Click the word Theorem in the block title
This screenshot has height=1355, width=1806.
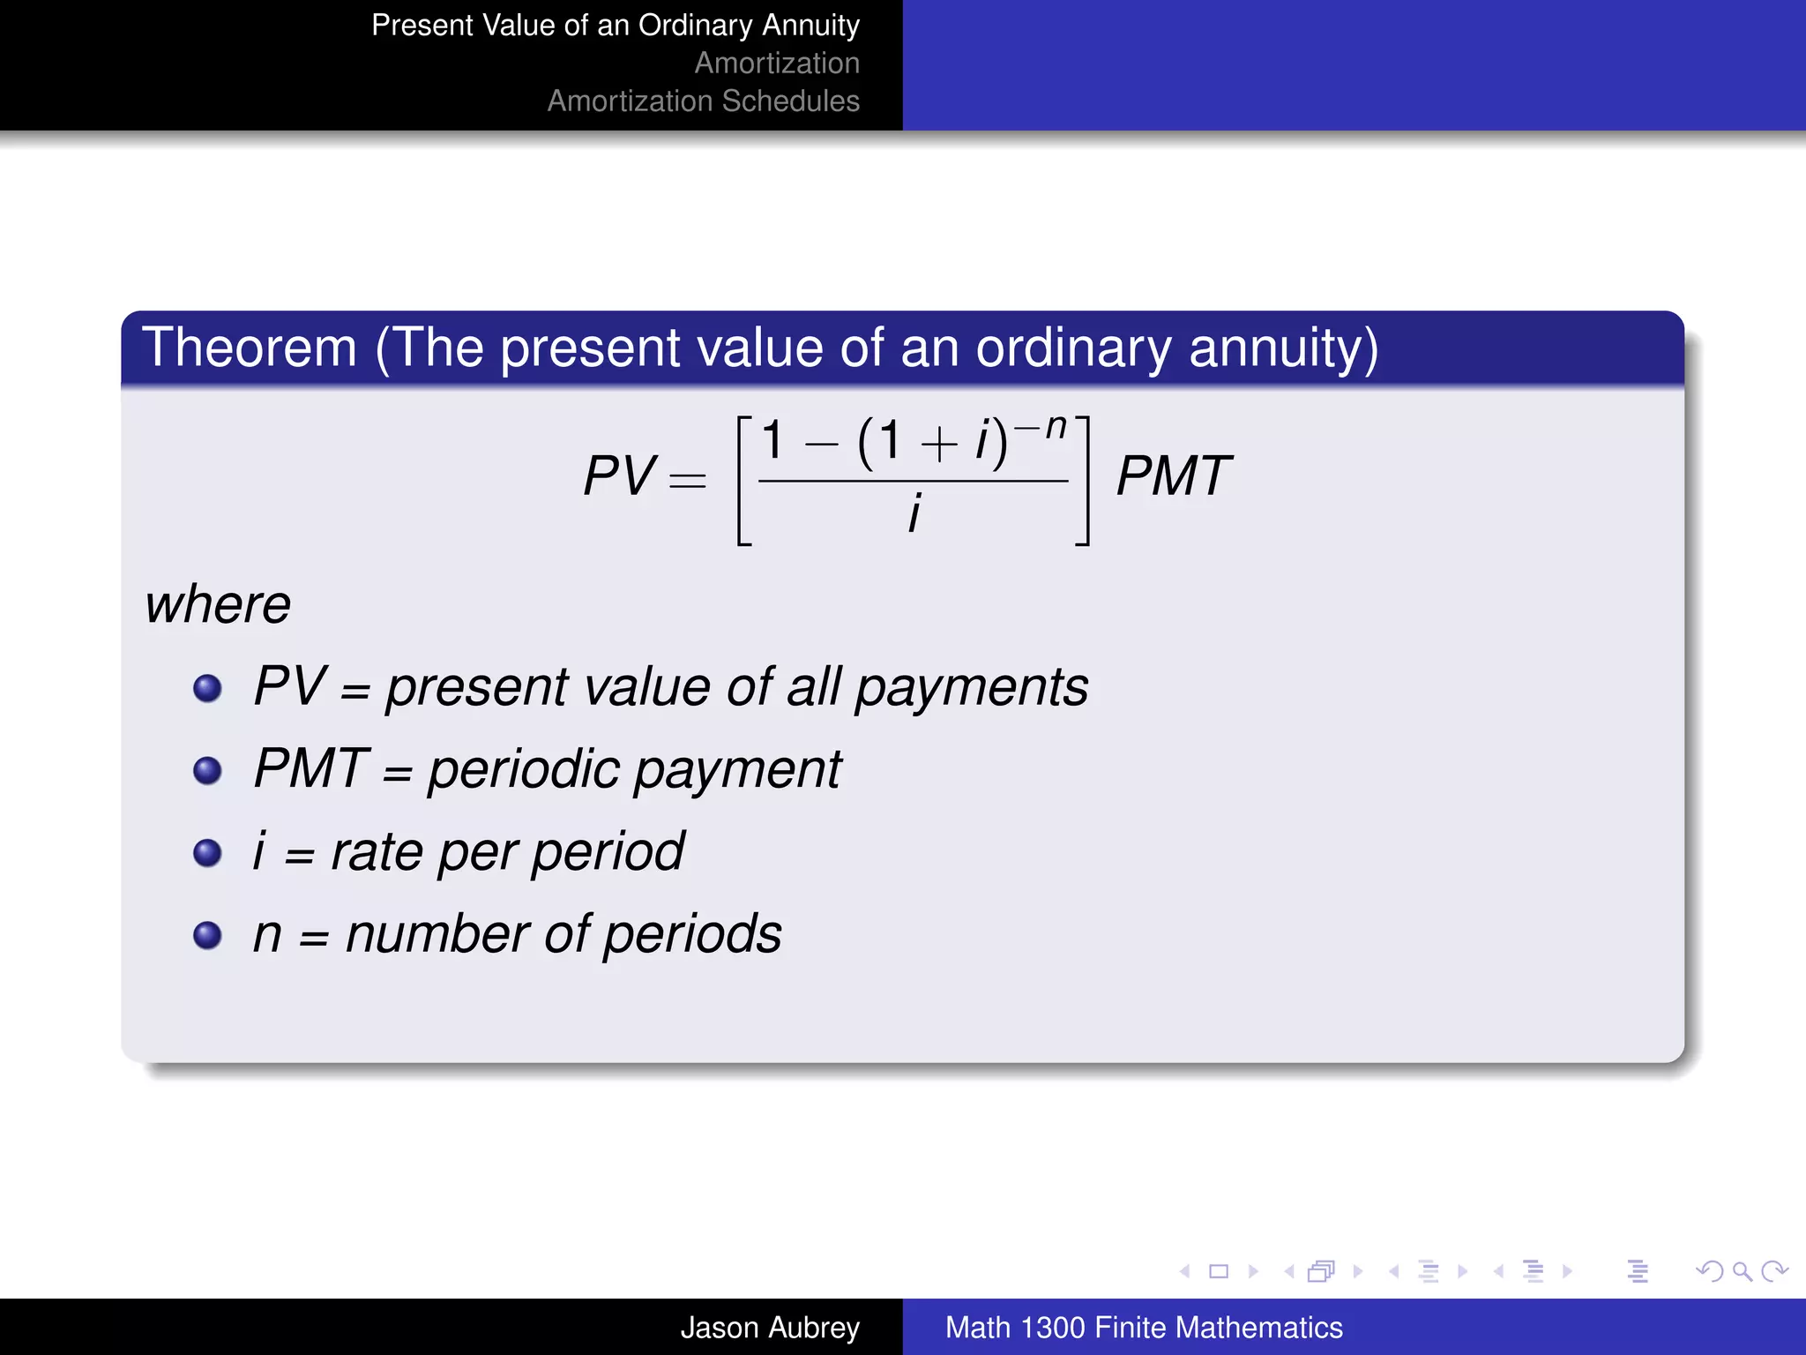250,348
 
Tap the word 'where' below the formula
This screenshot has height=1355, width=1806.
218,605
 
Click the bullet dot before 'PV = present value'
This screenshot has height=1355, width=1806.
207,688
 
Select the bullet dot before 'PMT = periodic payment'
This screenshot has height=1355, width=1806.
207,770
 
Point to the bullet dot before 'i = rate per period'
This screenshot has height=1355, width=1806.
207,852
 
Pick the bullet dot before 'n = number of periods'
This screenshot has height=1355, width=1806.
207,934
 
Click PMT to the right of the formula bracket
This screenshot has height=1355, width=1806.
1173,476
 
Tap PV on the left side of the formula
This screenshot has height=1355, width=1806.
619,476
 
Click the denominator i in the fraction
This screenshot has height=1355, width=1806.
914,513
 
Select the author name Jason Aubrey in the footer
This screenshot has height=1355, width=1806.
769,1328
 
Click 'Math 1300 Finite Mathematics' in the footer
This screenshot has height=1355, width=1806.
1144,1328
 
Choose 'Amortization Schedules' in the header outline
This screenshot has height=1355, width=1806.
703,101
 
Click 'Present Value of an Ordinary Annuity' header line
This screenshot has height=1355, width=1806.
615,26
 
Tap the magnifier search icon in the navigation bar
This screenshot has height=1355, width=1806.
1742,1271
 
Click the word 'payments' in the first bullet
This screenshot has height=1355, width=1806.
972,688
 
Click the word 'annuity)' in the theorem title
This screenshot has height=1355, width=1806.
1283,349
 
